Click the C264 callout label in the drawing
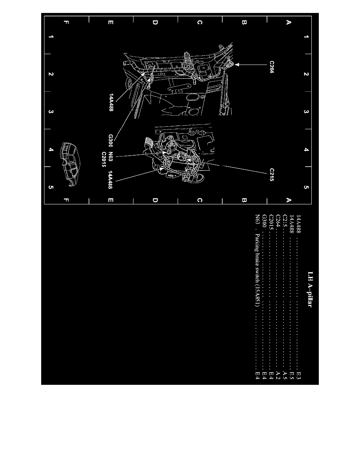click(272, 67)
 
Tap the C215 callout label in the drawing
click(272, 175)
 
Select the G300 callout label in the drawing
click(111, 140)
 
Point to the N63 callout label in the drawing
click(111, 157)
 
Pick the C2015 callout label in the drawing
click(104, 159)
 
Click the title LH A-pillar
click(310, 289)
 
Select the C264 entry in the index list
click(278, 220)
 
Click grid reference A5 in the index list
click(285, 376)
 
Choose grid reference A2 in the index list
click(278, 376)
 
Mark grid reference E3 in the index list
click(299, 376)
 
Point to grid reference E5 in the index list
click(292, 376)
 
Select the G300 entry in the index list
click(264, 221)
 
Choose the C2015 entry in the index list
click(271, 222)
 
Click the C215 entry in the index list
click(285, 220)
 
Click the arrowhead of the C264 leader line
click(237, 64)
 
